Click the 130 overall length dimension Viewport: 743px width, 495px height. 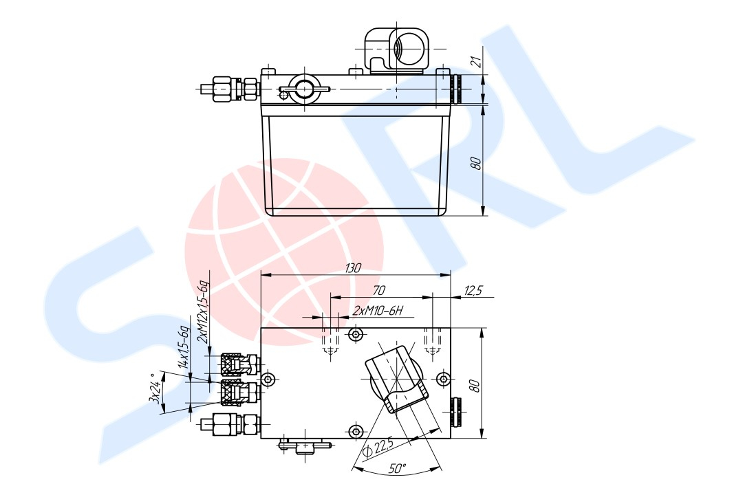tap(353, 268)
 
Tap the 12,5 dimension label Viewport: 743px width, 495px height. tap(474, 291)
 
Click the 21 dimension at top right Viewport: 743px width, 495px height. tap(475, 60)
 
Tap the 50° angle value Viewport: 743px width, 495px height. tap(398, 469)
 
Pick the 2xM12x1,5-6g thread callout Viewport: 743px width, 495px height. tap(202, 311)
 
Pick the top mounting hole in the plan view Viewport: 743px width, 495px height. tap(355, 335)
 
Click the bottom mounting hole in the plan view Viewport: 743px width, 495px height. tap(355, 431)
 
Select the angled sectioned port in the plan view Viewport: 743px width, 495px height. tap(396, 379)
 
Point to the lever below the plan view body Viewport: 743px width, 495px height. tap(303, 447)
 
